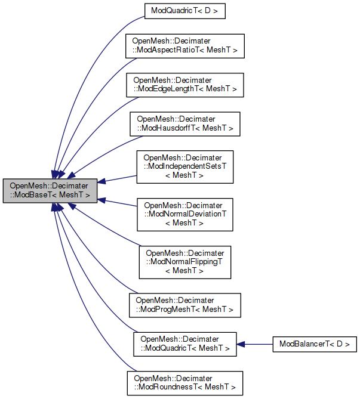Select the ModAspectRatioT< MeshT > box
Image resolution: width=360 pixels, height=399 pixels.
coord(185,45)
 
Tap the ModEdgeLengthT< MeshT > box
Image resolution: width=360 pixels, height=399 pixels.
coord(185,84)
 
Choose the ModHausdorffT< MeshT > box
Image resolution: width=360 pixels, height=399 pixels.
coord(185,123)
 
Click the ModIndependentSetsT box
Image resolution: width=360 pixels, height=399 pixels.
coord(185,166)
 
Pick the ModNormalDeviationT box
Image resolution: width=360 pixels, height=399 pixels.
coord(185,214)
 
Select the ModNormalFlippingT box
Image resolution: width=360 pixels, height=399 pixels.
coord(185,261)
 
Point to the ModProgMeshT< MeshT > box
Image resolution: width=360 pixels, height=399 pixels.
coord(185,305)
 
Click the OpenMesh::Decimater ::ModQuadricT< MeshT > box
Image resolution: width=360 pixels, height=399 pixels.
coord(185,344)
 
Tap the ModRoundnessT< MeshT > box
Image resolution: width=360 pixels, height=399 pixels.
coord(185,383)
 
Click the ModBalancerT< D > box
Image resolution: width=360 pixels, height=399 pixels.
coord(314,344)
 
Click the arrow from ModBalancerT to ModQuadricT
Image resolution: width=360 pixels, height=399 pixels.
coord(257,344)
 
